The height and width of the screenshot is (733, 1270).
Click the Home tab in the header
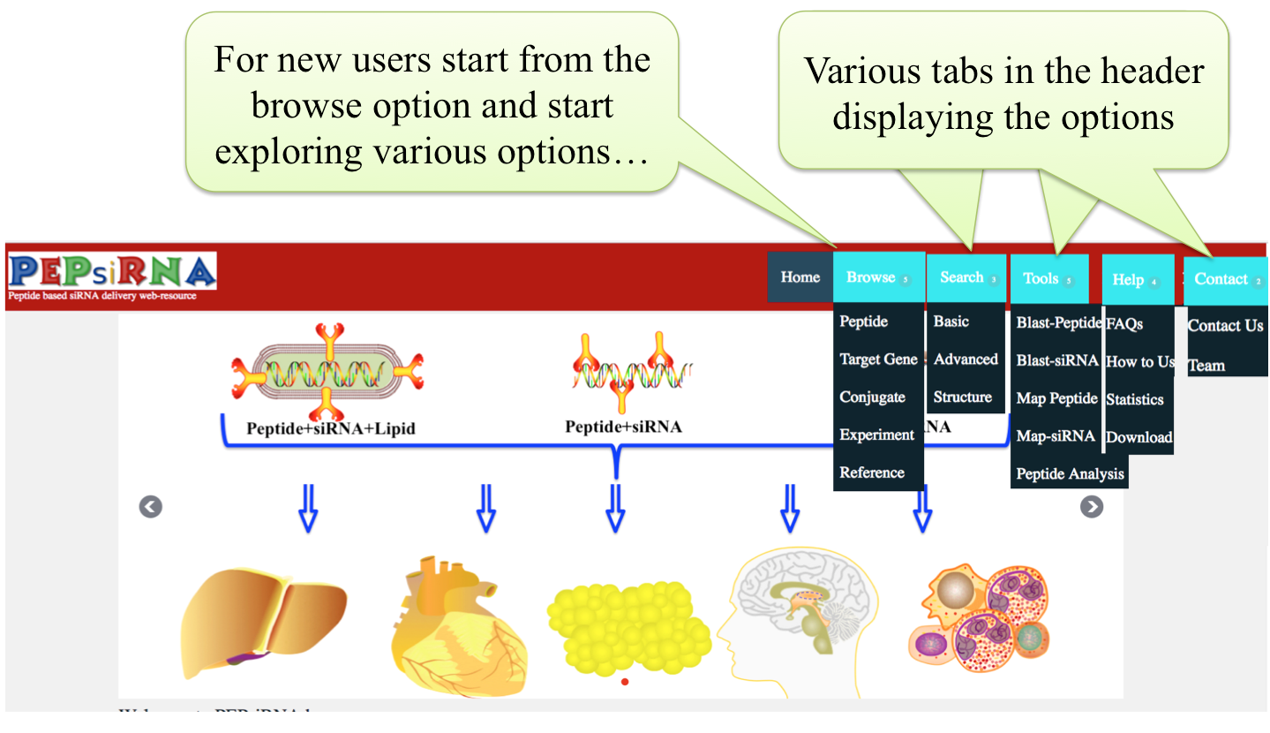click(x=800, y=277)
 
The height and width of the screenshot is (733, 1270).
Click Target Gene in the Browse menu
click(x=878, y=359)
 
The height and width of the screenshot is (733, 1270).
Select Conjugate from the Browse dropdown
click(x=872, y=397)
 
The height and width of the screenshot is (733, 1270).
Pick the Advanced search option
click(x=966, y=359)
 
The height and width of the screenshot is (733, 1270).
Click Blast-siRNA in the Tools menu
click(x=1056, y=360)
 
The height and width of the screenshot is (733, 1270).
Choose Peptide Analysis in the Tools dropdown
click(x=1070, y=474)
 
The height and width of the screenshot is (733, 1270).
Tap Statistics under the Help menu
click(x=1135, y=400)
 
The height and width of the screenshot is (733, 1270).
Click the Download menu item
click(x=1138, y=437)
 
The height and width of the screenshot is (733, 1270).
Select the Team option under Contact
click(x=1206, y=366)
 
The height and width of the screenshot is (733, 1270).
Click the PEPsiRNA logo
click(x=112, y=273)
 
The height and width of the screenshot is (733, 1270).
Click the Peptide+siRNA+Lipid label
click(x=330, y=429)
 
